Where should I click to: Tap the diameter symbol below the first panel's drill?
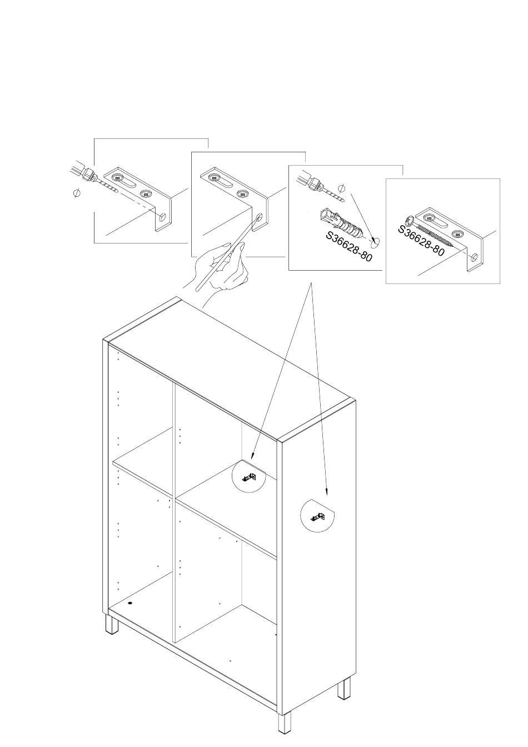77,193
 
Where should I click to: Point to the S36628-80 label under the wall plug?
348,246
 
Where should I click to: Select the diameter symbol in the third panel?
342,187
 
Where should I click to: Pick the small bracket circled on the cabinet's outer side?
318,516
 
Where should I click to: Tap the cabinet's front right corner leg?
285,723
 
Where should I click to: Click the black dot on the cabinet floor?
131,602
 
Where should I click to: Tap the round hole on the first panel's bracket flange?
162,217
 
